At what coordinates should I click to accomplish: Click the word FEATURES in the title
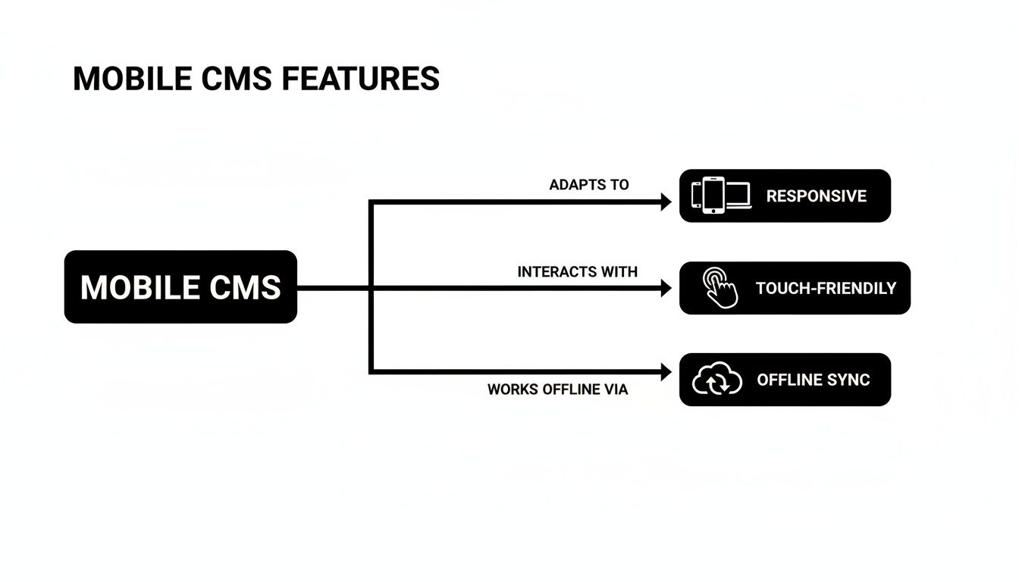click(x=360, y=79)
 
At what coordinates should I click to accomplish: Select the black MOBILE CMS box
click(x=180, y=287)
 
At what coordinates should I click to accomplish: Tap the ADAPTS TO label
click(x=589, y=185)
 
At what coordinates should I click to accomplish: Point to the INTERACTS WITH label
click(x=577, y=271)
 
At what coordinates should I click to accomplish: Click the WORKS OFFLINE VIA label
click(x=557, y=390)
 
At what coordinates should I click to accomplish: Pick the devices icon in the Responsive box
click(x=721, y=196)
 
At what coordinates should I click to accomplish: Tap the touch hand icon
click(x=720, y=288)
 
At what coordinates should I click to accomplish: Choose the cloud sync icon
click(x=717, y=380)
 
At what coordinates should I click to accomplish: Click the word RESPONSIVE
click(x=816, y=196)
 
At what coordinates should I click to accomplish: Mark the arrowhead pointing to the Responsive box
click(x=666, y=202)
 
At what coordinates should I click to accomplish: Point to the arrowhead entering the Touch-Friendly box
click(x=666, y=288)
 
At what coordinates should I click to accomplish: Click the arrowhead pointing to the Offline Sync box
click(x=666, y=372)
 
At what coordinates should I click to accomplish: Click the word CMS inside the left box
click(x=243, y=287)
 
